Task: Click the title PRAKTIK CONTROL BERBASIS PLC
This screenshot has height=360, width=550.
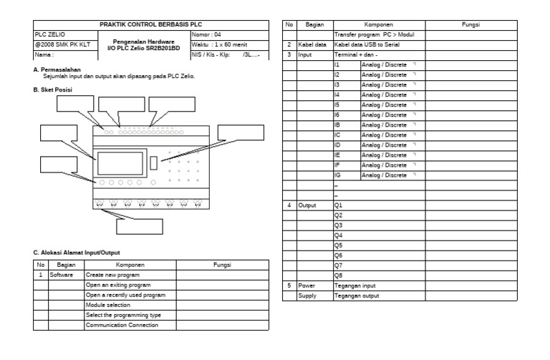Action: tap(151, 25)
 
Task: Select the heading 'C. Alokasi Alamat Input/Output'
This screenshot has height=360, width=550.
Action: tap(77, 252)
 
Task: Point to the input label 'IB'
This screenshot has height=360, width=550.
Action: tap(337, 125)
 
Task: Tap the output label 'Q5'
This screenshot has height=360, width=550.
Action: tap(339, 245)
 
